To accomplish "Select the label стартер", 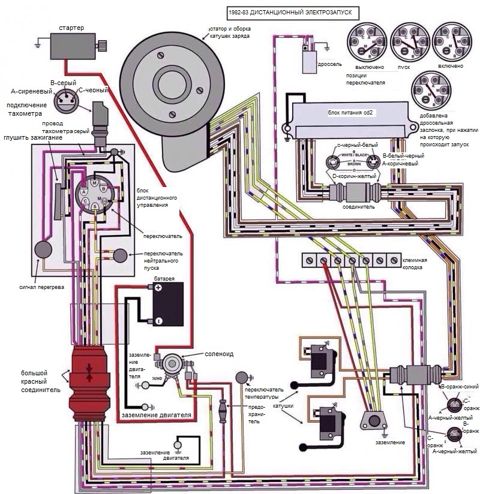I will (x=71, y=28).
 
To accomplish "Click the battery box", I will (x=167, y=304).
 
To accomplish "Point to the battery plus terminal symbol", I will (x=158, y=288).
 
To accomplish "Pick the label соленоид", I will (x=219, y=354).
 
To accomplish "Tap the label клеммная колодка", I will (x=415, y=264).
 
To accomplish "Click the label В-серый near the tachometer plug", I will (x=61, y=82).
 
